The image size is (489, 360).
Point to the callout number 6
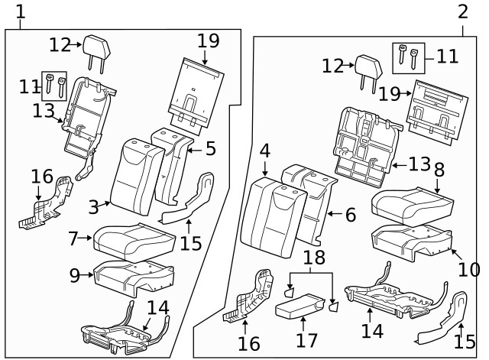click(x=350, y=215)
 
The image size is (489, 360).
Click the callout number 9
click(x=75, y=274)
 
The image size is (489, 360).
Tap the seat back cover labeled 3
click(x=137, y=177)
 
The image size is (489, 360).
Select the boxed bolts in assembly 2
click(x=407, y=56)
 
